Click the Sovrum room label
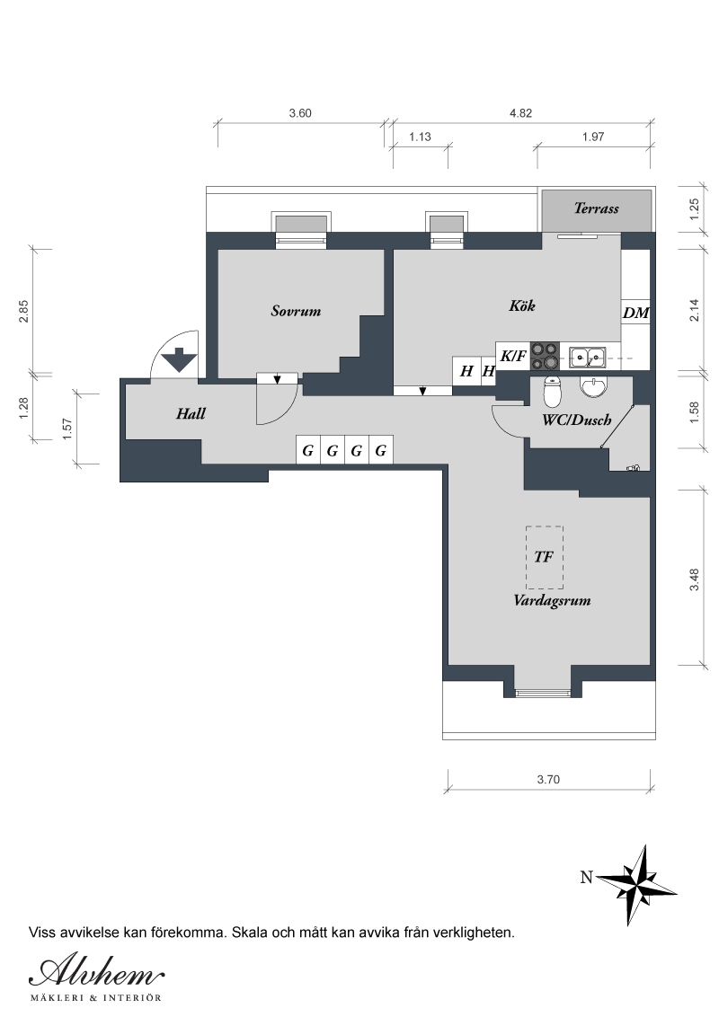[x=296, y=312]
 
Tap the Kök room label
[x=522, y=305]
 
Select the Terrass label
[x=597, y=208]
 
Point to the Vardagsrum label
[x=552, y=601]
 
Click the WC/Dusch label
[x=577, y=420]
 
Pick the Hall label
[x=191, y=414]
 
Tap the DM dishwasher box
[x=636, y=313]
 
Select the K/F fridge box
[x=512, y=356]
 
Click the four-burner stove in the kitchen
[x=545, y=356]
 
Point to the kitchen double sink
[x=588, y=356]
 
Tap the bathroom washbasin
[x=593, y=387]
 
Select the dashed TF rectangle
[x=545, y=557]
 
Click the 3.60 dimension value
[x=300, y=113]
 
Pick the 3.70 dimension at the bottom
[x=548, y=780]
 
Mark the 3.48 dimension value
[x=695, y=579]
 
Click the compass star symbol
[x=637, y=885]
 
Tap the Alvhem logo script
[x=96, y=973]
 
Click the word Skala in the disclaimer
[x=248, y=933]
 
